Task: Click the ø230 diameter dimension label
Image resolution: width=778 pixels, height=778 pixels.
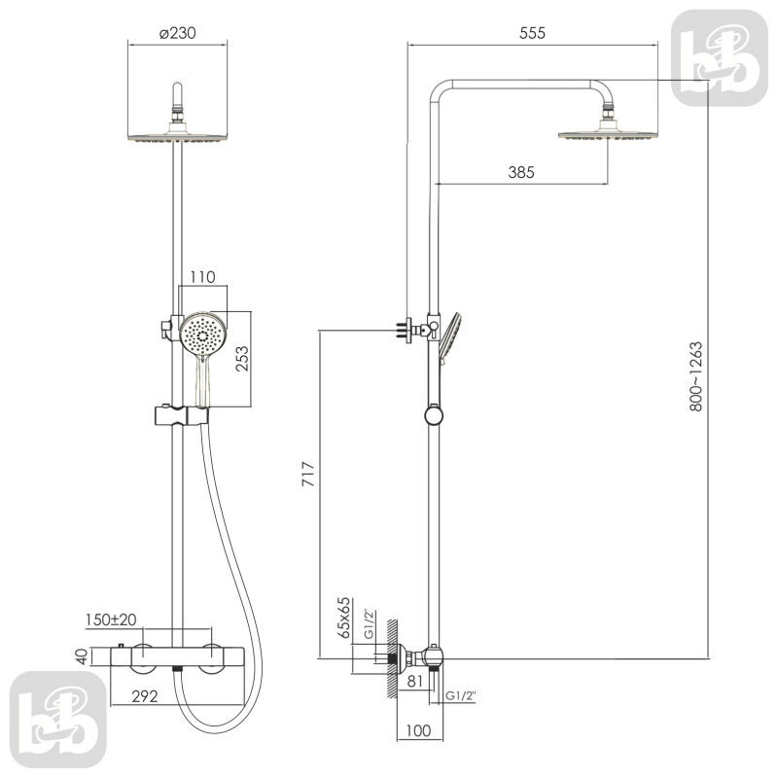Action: (178, 33)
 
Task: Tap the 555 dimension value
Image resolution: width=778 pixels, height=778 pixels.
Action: (532, 33)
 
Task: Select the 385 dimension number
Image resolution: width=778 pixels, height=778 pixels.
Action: (521, 172)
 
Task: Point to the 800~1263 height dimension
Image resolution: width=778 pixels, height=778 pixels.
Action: (696, 376)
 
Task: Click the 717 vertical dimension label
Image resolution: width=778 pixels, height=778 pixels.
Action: (308, 474)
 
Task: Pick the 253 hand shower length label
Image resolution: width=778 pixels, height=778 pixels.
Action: (242, 359)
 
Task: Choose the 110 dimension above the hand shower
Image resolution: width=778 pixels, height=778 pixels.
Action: (203, 277)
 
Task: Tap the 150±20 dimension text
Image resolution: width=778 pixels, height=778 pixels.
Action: (111, 619)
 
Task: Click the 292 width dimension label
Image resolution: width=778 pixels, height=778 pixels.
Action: (145, 696)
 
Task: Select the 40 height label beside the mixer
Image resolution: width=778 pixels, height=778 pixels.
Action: (82, 656)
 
